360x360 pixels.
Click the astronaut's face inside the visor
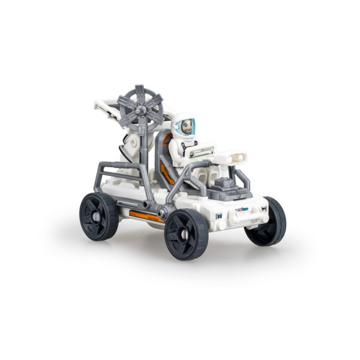pyautogui.click(x=185, y=127)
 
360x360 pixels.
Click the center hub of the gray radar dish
pyautogui.click(x=140, y=110)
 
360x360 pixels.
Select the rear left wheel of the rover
pyautogui.click(x=99, y=216)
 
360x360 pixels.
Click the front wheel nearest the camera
pyautogui.click(x=186, y=233)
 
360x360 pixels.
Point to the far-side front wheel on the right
pyautogui.click(x=268, y=222)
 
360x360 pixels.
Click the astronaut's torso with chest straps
pyautogui.click(x=184, y=148)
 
